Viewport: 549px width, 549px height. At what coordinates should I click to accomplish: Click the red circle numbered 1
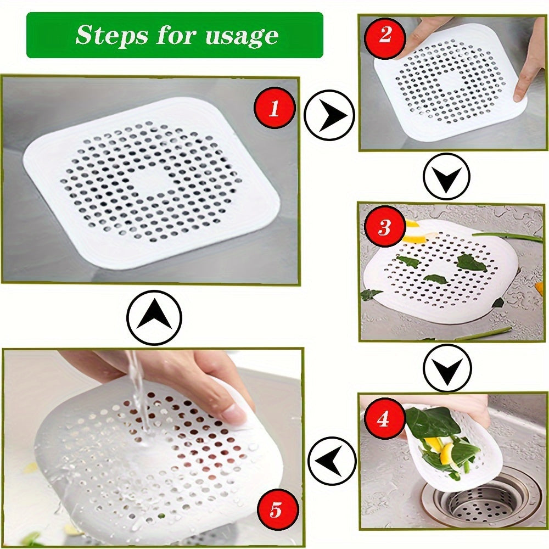(274, 109)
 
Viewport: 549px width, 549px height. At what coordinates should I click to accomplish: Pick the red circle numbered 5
(276, 511)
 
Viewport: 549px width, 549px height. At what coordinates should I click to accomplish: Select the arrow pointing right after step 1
(329, 115)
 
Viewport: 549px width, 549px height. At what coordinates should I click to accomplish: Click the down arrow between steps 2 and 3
(447, 176)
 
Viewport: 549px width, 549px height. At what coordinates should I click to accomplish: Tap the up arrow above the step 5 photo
(154, 317)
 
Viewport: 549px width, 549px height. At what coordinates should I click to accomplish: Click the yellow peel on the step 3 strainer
(413, 238)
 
